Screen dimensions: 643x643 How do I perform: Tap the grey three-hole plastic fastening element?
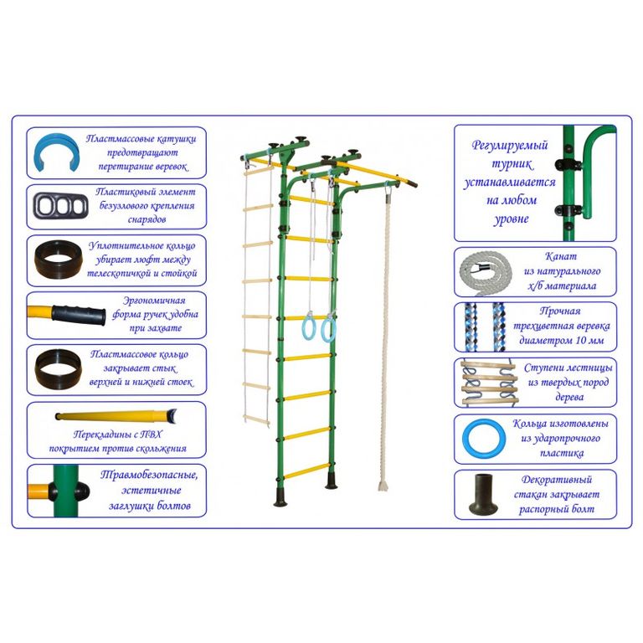[x=60, y=205]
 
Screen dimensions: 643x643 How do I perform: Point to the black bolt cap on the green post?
[x=81, y=491]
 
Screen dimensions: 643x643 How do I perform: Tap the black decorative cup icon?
[x=483, y=494]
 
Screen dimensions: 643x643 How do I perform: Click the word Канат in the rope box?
[x=561, y=257]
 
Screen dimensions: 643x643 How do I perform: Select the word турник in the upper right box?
[x=512, y=164]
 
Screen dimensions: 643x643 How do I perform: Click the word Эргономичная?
[x=154, y=301]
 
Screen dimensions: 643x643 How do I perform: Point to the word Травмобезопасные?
[x=148, y=476]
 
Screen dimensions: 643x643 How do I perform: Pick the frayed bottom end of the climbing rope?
[x=383, y=486]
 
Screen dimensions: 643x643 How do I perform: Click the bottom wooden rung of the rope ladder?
[x=256, y=419]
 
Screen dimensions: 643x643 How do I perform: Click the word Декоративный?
[x=557, y=480]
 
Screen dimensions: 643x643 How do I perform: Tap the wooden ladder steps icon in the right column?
[x=486, y=382]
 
